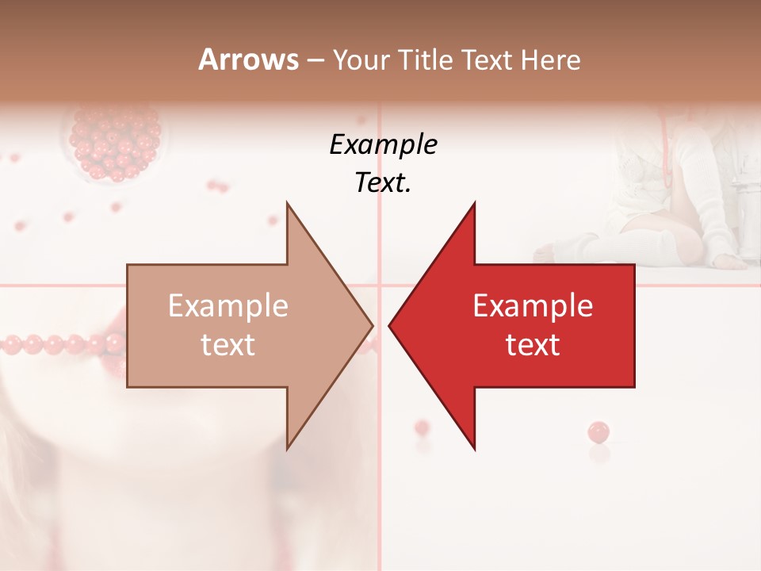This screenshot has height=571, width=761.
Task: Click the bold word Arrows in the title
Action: point(249,59)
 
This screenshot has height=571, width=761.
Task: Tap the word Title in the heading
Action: point(424,59)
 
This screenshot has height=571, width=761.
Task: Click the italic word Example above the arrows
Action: point(383,145)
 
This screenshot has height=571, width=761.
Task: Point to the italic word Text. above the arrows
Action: point(383,182)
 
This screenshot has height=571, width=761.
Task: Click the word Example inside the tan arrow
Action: point(228,305)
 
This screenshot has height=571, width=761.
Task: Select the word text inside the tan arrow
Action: point(228,345)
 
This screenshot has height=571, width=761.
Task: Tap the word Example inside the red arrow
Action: point(533,305)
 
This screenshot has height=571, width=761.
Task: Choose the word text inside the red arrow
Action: point(533,345)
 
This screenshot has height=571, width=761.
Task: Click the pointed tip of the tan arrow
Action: point(373,325)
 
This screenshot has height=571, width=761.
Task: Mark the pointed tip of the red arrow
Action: point(390,325)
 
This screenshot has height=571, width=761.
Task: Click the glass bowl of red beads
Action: point(115,143)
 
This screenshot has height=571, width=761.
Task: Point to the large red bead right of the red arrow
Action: point(598,432)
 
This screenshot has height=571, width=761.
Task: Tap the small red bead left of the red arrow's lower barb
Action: point(422,427)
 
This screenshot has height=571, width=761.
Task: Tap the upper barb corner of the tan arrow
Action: point(287,203)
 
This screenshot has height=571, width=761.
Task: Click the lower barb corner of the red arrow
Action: point(474,449)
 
